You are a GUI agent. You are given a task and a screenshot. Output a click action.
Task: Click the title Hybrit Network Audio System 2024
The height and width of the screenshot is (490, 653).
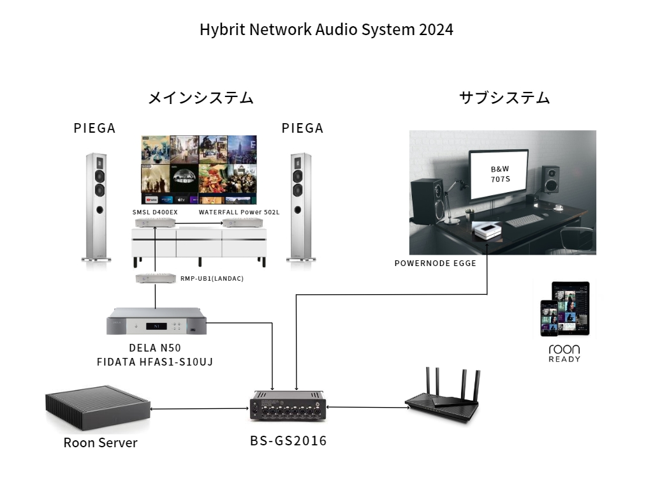326,30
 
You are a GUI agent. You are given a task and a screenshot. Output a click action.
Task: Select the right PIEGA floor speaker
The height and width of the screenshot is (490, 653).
298,207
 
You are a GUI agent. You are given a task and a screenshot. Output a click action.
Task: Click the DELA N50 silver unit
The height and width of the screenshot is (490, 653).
157,322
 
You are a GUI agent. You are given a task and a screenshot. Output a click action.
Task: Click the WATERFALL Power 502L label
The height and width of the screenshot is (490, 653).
239,212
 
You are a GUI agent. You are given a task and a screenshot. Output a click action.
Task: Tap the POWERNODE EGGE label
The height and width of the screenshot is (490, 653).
435,263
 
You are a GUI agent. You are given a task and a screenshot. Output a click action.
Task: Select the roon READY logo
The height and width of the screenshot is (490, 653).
564,353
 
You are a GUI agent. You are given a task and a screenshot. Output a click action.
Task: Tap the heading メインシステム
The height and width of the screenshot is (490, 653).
201,98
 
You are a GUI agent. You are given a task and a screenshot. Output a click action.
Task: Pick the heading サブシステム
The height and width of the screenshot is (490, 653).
504,98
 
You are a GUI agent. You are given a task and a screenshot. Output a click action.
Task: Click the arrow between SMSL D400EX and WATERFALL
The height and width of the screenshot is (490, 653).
199,223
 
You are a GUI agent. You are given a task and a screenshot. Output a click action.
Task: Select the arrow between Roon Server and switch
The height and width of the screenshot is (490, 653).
199,409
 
